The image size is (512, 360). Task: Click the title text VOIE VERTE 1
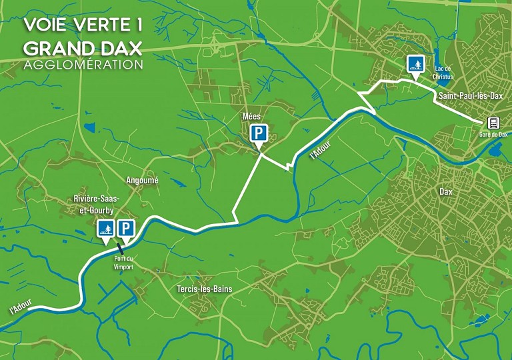point(83,24)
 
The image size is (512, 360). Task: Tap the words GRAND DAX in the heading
point(83,48)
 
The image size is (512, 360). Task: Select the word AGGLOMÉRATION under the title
point(83,65)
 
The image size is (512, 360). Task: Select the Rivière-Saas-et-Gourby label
point(96,204)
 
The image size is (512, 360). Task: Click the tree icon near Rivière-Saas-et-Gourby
point(105,229)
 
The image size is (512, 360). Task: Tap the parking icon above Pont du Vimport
point(126,229)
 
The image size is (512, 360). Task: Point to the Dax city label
point(446,191)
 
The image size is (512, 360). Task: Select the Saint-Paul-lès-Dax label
point(470,97)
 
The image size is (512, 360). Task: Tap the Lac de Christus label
point(442,73)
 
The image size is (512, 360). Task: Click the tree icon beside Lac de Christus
point(416,64)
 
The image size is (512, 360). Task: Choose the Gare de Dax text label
point(493,134)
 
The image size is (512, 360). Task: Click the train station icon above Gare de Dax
point(493,123)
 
